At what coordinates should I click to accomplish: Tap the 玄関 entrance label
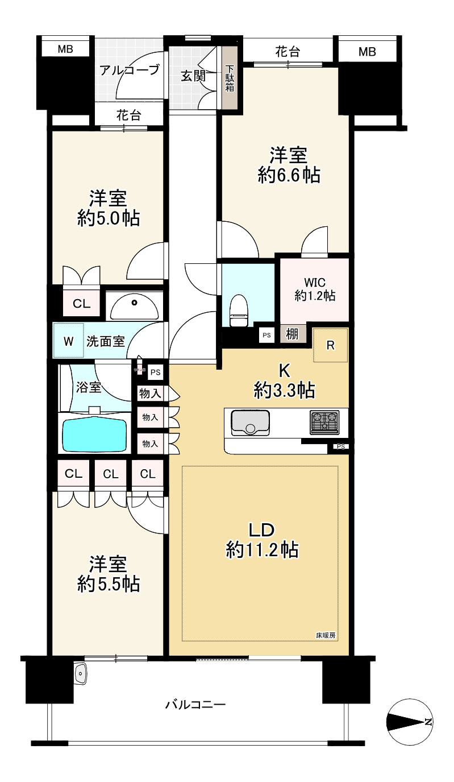[x=193, y=76]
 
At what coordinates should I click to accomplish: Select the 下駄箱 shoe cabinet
[x=230, y=78]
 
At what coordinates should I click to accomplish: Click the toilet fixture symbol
[x=239, y=311]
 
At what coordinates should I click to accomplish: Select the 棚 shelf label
[x=291, y=334]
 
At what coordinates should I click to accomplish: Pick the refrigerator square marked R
[x=330, y=345]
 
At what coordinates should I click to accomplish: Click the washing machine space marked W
[x=68, y=341]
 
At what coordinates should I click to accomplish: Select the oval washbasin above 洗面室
[x=135, y=307]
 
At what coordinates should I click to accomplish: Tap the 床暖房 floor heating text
[x=326, y=634]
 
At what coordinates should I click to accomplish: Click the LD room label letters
[x=261, y=530]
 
